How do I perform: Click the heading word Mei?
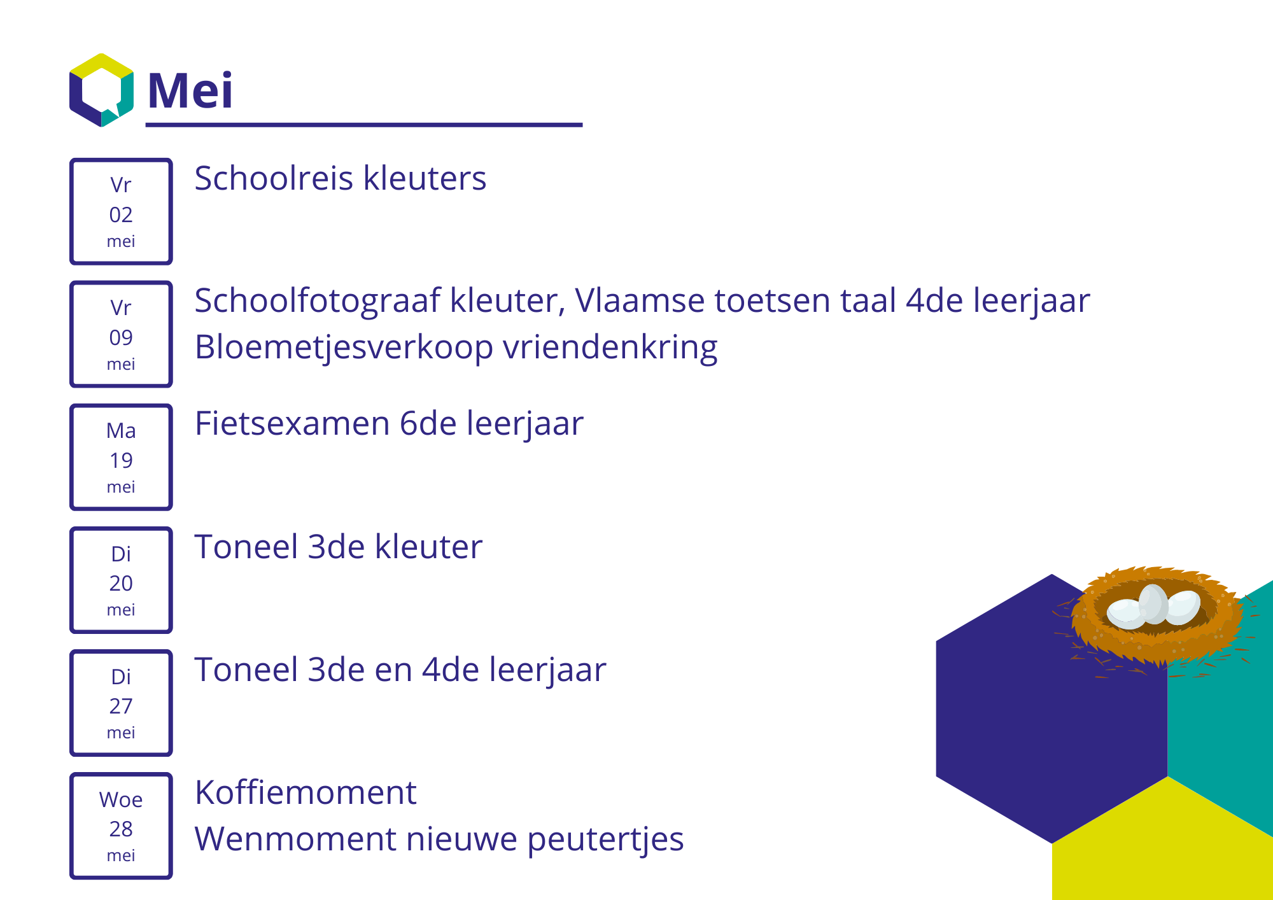coord(190,90)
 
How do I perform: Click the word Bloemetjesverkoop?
coord(344,348)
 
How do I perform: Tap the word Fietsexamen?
coord(292,423)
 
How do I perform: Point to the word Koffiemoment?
coord(306,792)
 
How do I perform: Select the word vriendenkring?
coord(610,348)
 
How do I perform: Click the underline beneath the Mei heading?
coord(364,125)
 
